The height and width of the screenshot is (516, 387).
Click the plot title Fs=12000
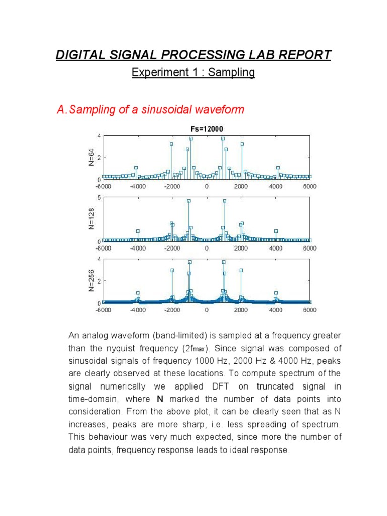(206, 128)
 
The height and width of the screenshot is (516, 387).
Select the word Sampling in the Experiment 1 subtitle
(232, 73)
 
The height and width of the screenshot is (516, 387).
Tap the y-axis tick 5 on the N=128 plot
(100, 197)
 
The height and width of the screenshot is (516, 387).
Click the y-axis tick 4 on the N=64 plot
(100, 135)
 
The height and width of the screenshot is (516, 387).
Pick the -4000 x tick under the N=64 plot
(138, 186)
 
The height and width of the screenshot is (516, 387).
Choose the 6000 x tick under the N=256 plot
(309, 310)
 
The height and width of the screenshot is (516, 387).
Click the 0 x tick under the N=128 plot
(207, 248)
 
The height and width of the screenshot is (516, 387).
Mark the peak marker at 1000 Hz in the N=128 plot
(224, 201)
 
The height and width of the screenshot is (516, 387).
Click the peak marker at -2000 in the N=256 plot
(172, 270)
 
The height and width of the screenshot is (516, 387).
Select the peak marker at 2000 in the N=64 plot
(242, 144)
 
